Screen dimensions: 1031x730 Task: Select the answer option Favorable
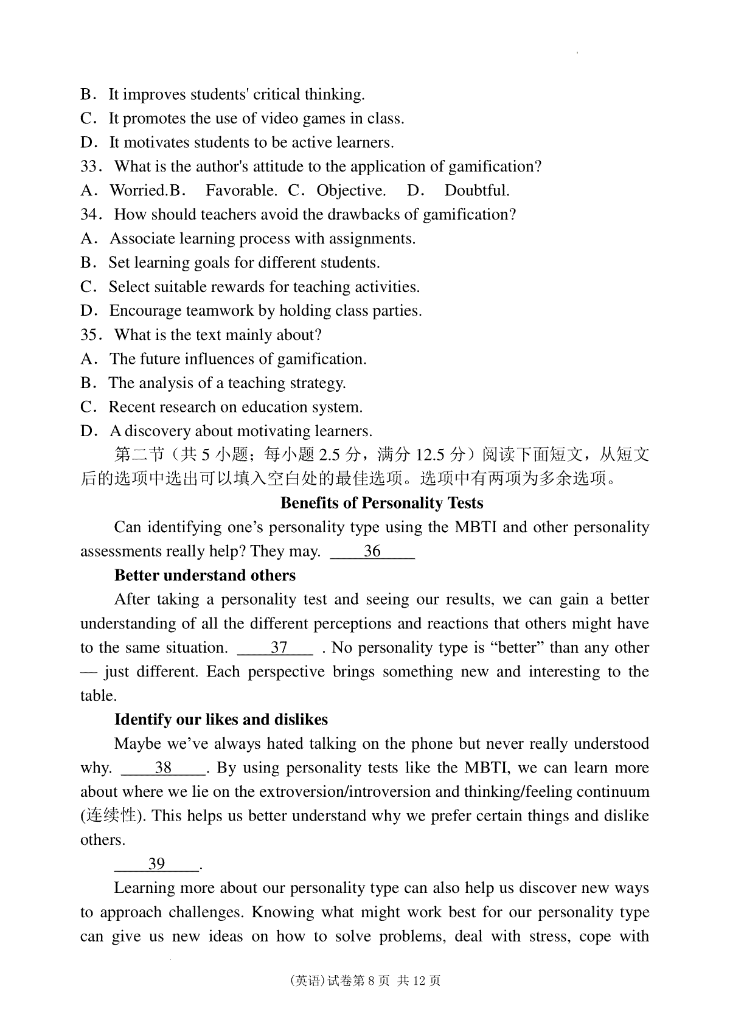coord(241,191)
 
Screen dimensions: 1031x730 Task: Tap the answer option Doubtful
coord(477,191)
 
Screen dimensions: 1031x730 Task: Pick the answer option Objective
coord(351,191)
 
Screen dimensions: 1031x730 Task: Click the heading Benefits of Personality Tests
coord(382,503)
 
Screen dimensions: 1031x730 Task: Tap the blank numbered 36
coord(372,552)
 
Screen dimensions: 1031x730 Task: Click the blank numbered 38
coord(163,768)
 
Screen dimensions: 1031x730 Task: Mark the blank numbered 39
coord(156,864)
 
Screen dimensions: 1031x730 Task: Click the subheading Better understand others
coord(205,575)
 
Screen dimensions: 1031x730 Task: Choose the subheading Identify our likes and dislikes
coord(221,720)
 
